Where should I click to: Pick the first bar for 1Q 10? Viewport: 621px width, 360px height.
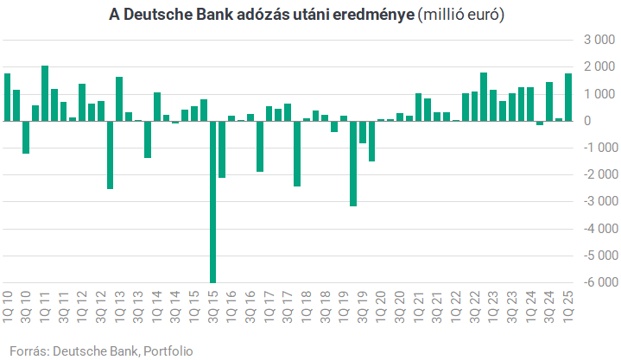click(7, 97)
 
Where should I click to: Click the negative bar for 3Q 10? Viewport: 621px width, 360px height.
click(26, 136)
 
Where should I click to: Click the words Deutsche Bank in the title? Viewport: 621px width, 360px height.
click(178, 16)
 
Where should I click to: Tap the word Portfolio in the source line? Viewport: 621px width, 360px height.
click(168, 351)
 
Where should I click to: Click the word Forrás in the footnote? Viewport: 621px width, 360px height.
click(27, 351)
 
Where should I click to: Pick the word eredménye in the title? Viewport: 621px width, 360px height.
click(377, 16)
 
